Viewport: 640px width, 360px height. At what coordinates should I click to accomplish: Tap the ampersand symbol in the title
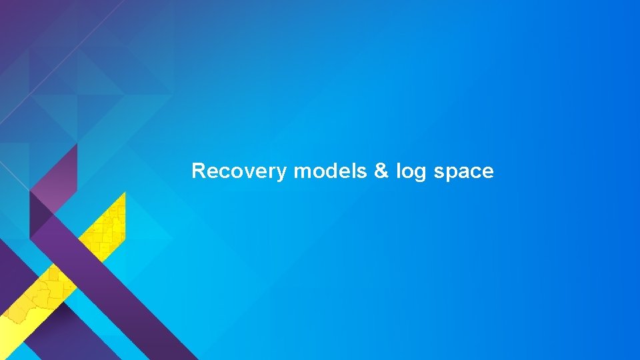[381, 172]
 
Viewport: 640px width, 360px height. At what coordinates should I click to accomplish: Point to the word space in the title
[464, 172]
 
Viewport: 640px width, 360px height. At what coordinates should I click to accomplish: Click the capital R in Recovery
[198, 171]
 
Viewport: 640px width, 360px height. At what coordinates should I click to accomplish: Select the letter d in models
[331, 171]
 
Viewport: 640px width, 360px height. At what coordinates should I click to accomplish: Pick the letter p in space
[451, 174]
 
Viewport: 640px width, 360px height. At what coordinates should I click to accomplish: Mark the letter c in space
[476, 173]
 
